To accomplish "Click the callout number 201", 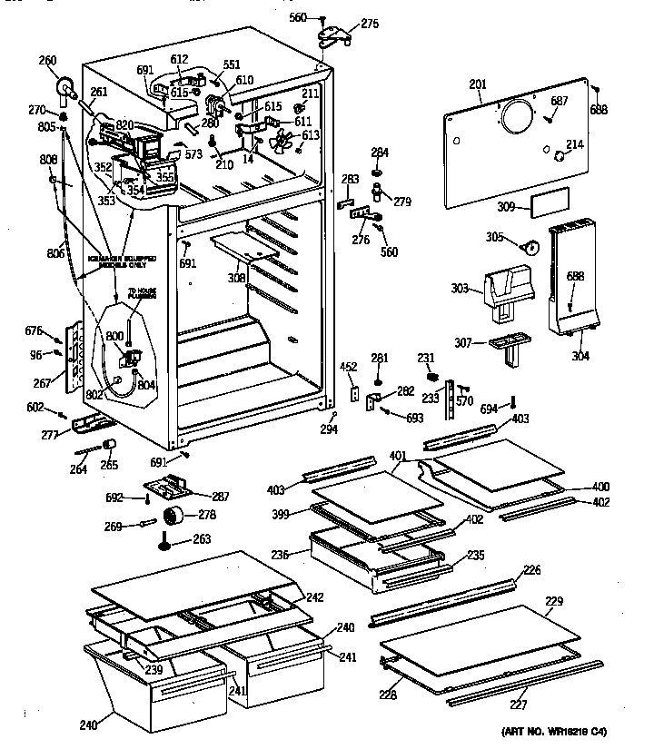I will pos(477,85).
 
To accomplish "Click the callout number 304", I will pos(580,356).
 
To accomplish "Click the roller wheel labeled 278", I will pos(173,517).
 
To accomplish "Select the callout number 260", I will pos(47,62).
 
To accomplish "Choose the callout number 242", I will pos(313,596).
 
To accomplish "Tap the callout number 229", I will pos(554,601).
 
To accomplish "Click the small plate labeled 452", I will pos(354,394).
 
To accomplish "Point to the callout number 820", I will pos(124,124).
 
